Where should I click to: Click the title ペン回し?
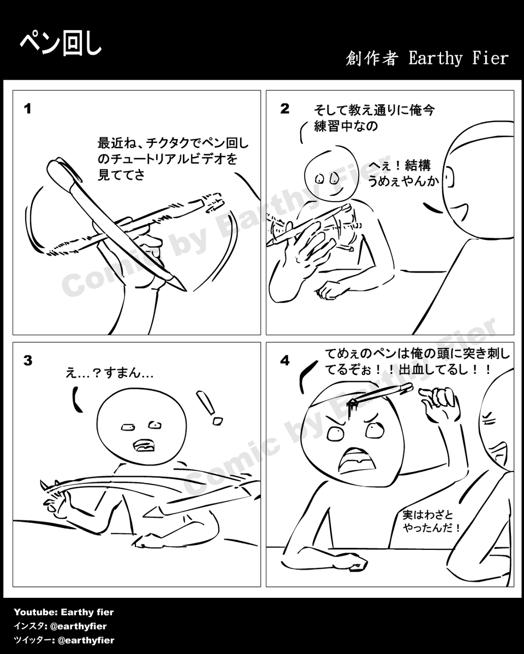click(61, 45)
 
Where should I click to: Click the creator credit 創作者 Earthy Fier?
click(427, 58)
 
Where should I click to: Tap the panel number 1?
click(27, 109)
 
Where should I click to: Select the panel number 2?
click(284, 108)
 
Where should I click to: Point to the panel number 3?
click(27, 360)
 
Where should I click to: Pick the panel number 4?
click(284, 361)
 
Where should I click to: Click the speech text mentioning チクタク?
click(172, 159)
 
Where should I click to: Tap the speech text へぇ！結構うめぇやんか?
click(403, 173)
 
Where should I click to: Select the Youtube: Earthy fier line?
click(64, 612)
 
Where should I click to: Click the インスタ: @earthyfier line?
click(60, 626)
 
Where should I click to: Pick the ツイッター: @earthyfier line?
click(64, 640)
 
